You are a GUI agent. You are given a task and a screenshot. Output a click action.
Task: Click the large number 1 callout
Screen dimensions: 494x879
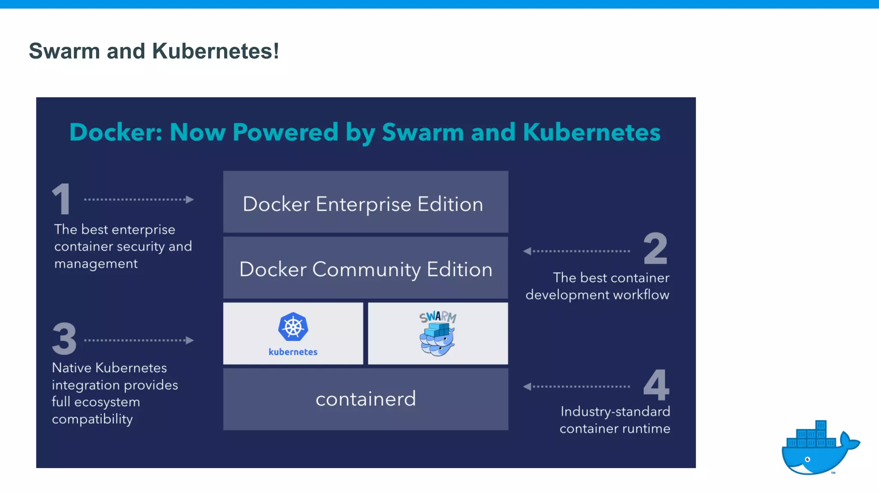click(61, 199)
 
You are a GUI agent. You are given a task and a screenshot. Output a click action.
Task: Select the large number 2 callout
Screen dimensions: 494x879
click(655, 248)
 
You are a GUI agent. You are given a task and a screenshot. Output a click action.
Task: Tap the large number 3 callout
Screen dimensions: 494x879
click(64, 339)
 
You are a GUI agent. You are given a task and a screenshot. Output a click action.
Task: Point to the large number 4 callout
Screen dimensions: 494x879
click(656, 385)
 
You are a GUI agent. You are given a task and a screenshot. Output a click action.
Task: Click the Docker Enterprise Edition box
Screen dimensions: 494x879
click(366, 202)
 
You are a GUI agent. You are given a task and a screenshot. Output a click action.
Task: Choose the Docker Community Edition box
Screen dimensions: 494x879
click(366, 268)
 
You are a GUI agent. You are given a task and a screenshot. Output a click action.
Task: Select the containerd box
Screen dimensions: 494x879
click(366, 399)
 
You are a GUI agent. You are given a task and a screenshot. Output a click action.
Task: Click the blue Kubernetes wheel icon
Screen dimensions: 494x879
click(293, 327)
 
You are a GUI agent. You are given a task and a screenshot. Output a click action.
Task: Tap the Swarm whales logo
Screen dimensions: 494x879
click(438, 335)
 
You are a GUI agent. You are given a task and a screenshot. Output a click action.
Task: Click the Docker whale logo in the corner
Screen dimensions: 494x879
click(818, 449)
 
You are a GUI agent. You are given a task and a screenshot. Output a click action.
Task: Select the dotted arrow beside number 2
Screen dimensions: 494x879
click(576, 251)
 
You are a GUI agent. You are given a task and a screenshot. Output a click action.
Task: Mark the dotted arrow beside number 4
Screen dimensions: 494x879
click(576, 387)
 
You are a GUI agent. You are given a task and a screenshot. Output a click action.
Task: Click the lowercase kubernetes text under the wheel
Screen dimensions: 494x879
click(293, 352)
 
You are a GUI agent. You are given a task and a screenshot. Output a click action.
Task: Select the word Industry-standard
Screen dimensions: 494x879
click(615, 412)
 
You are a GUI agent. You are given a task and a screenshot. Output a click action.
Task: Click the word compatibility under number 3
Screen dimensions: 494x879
click(92, 419)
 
